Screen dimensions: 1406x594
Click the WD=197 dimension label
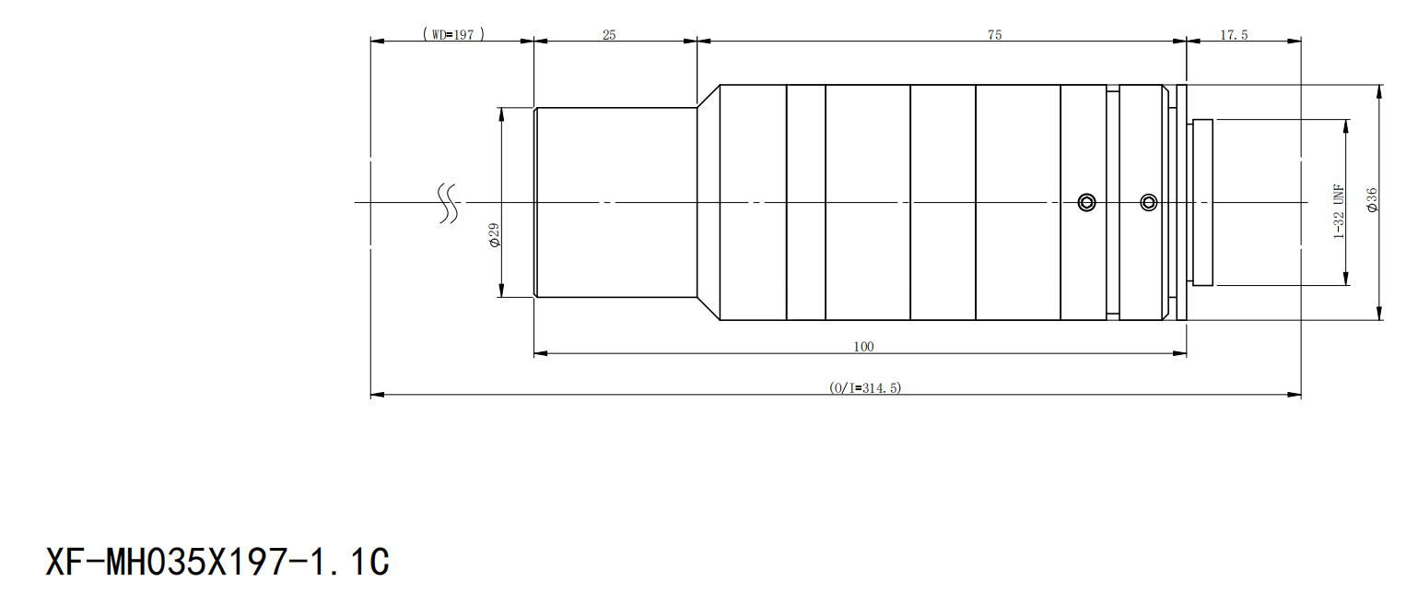pyautogui.click(x=453, y=34)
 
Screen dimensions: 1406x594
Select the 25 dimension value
pyautogui.click(x=609, y=35)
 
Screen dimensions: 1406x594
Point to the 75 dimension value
pyautogui.click(x=995, y=35)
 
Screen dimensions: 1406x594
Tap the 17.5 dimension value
pyautogui.click(x=1234, y=35)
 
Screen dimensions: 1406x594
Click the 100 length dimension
pyautogui.click(x=863, y=346)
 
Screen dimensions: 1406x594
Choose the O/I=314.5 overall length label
pyautogui.click(x=865, y=387)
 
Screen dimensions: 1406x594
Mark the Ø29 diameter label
pyautogui.click(x=495, y=234)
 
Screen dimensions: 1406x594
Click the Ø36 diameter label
pyautogui.click(x=1372, y=200)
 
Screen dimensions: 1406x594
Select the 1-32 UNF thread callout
pyautogui.click(x=1338, y=212)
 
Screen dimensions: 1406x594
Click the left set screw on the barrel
pyautogui.click(x=1086, y=202)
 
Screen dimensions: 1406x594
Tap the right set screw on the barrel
pyautogui.click(x=1149, y=202)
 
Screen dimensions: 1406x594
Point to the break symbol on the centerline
pyautogui.click(x=448, y=204)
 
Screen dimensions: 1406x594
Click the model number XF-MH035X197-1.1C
pyautogui.click(x=217, y=562)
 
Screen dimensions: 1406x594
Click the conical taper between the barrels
pyautogui.click(x=709, y=202)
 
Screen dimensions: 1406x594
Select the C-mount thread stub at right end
pyautogui.click(x=1201, y=202)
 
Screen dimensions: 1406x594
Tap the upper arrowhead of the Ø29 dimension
pyautogui.click(x=501, y=114)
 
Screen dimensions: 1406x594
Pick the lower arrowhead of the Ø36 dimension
pyautogui.click(x=1379, y=313)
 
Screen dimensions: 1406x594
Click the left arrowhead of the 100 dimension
pyautogui.click(x=541, y=353)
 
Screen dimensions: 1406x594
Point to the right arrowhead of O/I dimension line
pyautogui.click(x=1294, y=396)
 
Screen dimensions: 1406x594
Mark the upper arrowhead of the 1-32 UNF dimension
pyautogui.click(x=1346, y=126)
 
